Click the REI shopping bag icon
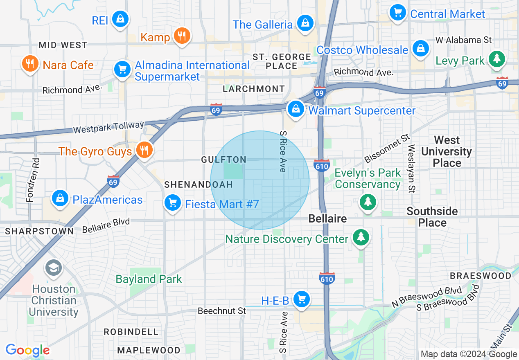click(120, 19)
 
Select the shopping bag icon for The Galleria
click(305, 23)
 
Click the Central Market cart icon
click(397, 12)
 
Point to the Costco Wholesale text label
click(362, 50)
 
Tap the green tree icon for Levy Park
click(497, 59)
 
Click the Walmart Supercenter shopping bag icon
click(295, 109)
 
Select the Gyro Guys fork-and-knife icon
click(144, 150)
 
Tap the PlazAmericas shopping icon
click(60, 198)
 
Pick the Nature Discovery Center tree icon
click(361, 237)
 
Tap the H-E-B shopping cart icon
click(302, 299)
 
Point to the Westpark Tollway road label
click(108, 127)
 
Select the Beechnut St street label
click(221, 311)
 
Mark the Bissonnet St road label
click(387, 148)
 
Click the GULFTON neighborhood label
click(223, 160)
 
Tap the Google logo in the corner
click(27, 350)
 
